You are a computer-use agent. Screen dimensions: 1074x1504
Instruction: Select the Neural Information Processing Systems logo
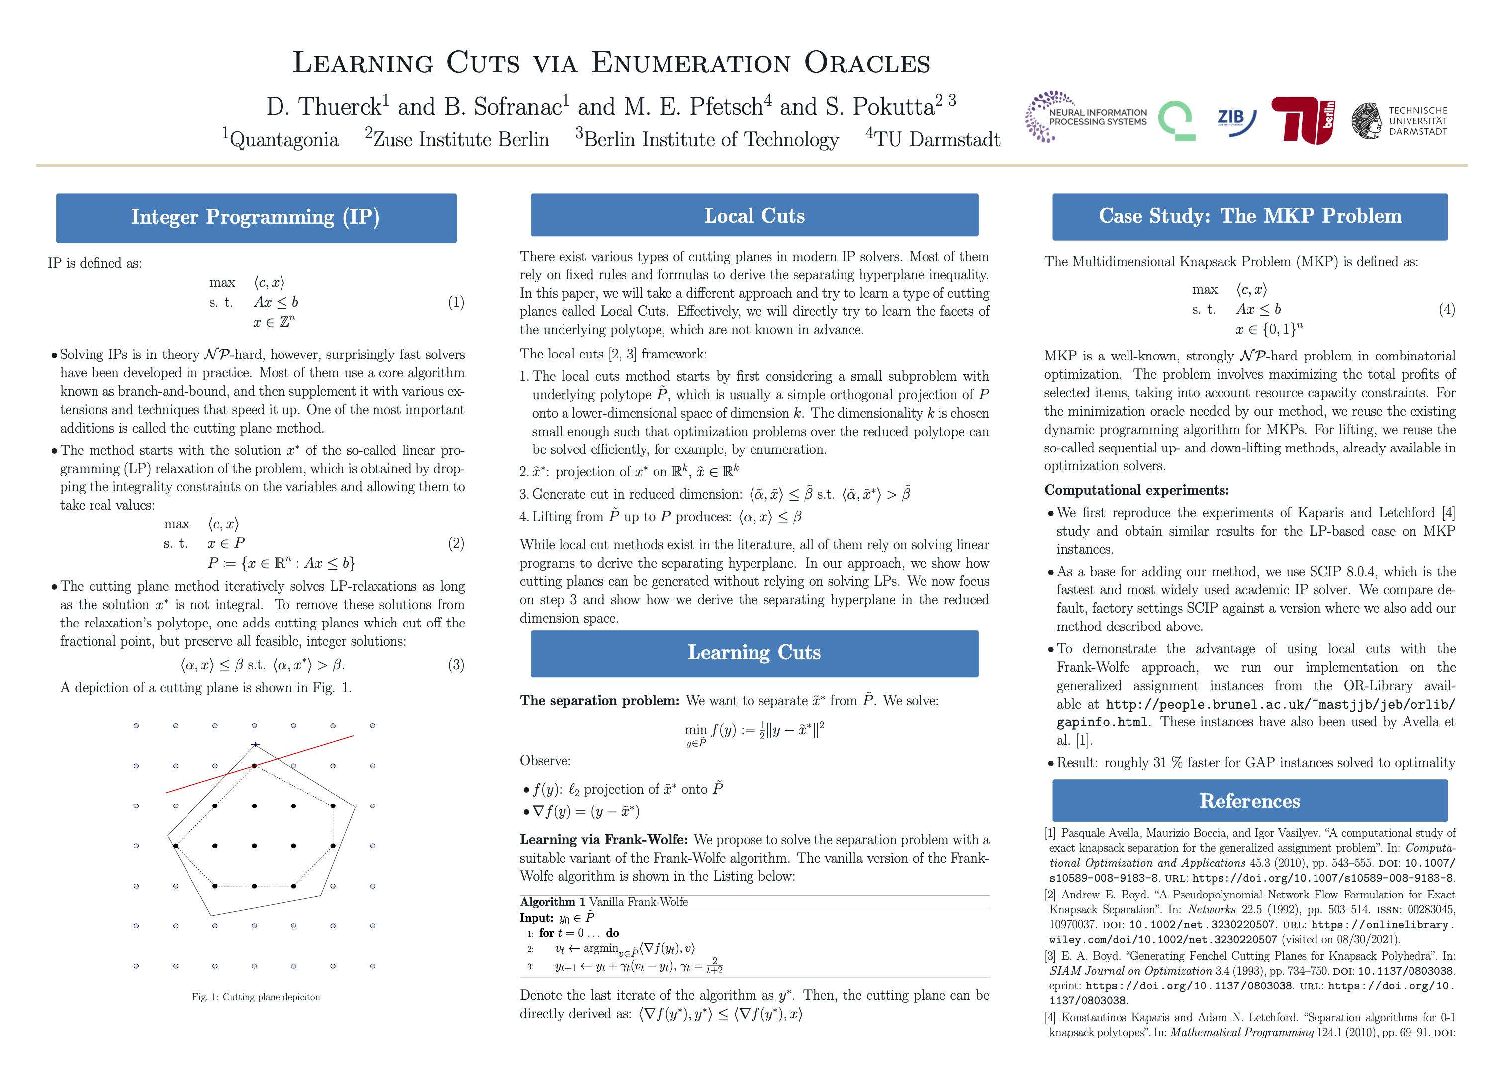coord(1085,117)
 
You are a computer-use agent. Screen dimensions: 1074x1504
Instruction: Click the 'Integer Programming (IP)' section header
coord(256,218)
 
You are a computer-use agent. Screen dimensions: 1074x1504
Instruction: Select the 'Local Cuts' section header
coord(754,216)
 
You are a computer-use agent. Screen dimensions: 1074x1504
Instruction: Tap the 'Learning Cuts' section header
coord(754,653)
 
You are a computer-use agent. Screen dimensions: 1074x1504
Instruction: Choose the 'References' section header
coord(1249,801)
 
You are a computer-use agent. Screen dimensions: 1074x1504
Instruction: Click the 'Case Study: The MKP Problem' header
coord(1249,216)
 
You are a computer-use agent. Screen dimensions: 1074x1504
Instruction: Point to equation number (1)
coord(456,302)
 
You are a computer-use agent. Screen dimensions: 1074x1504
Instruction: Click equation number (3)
coord(456,665)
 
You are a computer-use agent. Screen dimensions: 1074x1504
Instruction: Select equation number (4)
coord(1446,309)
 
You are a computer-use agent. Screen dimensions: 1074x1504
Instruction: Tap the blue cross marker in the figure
coord(255,745)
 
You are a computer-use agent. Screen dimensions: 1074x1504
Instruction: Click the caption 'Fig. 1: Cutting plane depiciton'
coord(256,997)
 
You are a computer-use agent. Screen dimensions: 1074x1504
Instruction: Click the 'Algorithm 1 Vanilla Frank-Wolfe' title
coord(603,902)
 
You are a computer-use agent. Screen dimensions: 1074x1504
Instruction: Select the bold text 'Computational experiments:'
coord(1136,490)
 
